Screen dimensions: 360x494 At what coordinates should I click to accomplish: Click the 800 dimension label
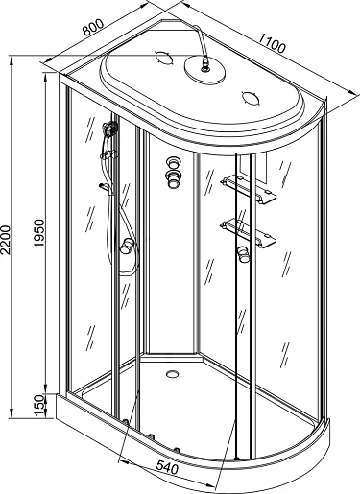(93, 27)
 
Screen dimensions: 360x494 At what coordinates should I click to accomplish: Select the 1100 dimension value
(272, 43)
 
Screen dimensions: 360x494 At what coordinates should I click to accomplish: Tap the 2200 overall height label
(6, 240)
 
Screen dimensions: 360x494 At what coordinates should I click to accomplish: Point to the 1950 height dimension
(38, 233)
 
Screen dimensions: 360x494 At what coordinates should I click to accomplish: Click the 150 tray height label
(38, 406)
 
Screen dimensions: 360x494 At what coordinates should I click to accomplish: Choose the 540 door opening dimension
(167, 468)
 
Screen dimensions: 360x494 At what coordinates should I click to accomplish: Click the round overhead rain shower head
(204, 69)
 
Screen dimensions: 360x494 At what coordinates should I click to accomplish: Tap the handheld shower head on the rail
(110, 129)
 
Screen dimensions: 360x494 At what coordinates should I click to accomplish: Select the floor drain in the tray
(172, 373)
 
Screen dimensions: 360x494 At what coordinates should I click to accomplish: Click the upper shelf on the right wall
(248, 188)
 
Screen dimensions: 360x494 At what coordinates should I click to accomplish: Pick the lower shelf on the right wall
(248, 232)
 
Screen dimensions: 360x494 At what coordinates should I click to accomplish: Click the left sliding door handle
(126, 247)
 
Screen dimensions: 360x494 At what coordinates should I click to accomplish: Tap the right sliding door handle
(243, 255)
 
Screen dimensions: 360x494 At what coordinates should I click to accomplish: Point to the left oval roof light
(164, 59)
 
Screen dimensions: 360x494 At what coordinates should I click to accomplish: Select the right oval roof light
(252, 98)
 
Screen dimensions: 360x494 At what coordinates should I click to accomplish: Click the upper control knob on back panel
(174, 163)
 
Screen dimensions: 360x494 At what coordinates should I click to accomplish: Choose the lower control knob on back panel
(174, 178)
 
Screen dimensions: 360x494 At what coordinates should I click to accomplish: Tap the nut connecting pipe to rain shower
(204, 62)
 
